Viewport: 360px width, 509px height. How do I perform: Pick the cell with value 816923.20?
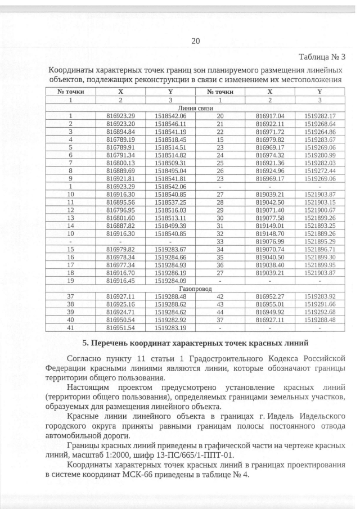(x=121, y=123)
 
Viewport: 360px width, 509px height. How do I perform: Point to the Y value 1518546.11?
(x=170, y=123)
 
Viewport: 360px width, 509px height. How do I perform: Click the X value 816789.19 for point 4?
(x=121, y=138)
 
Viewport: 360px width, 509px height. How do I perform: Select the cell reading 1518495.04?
(x=170, y=170)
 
